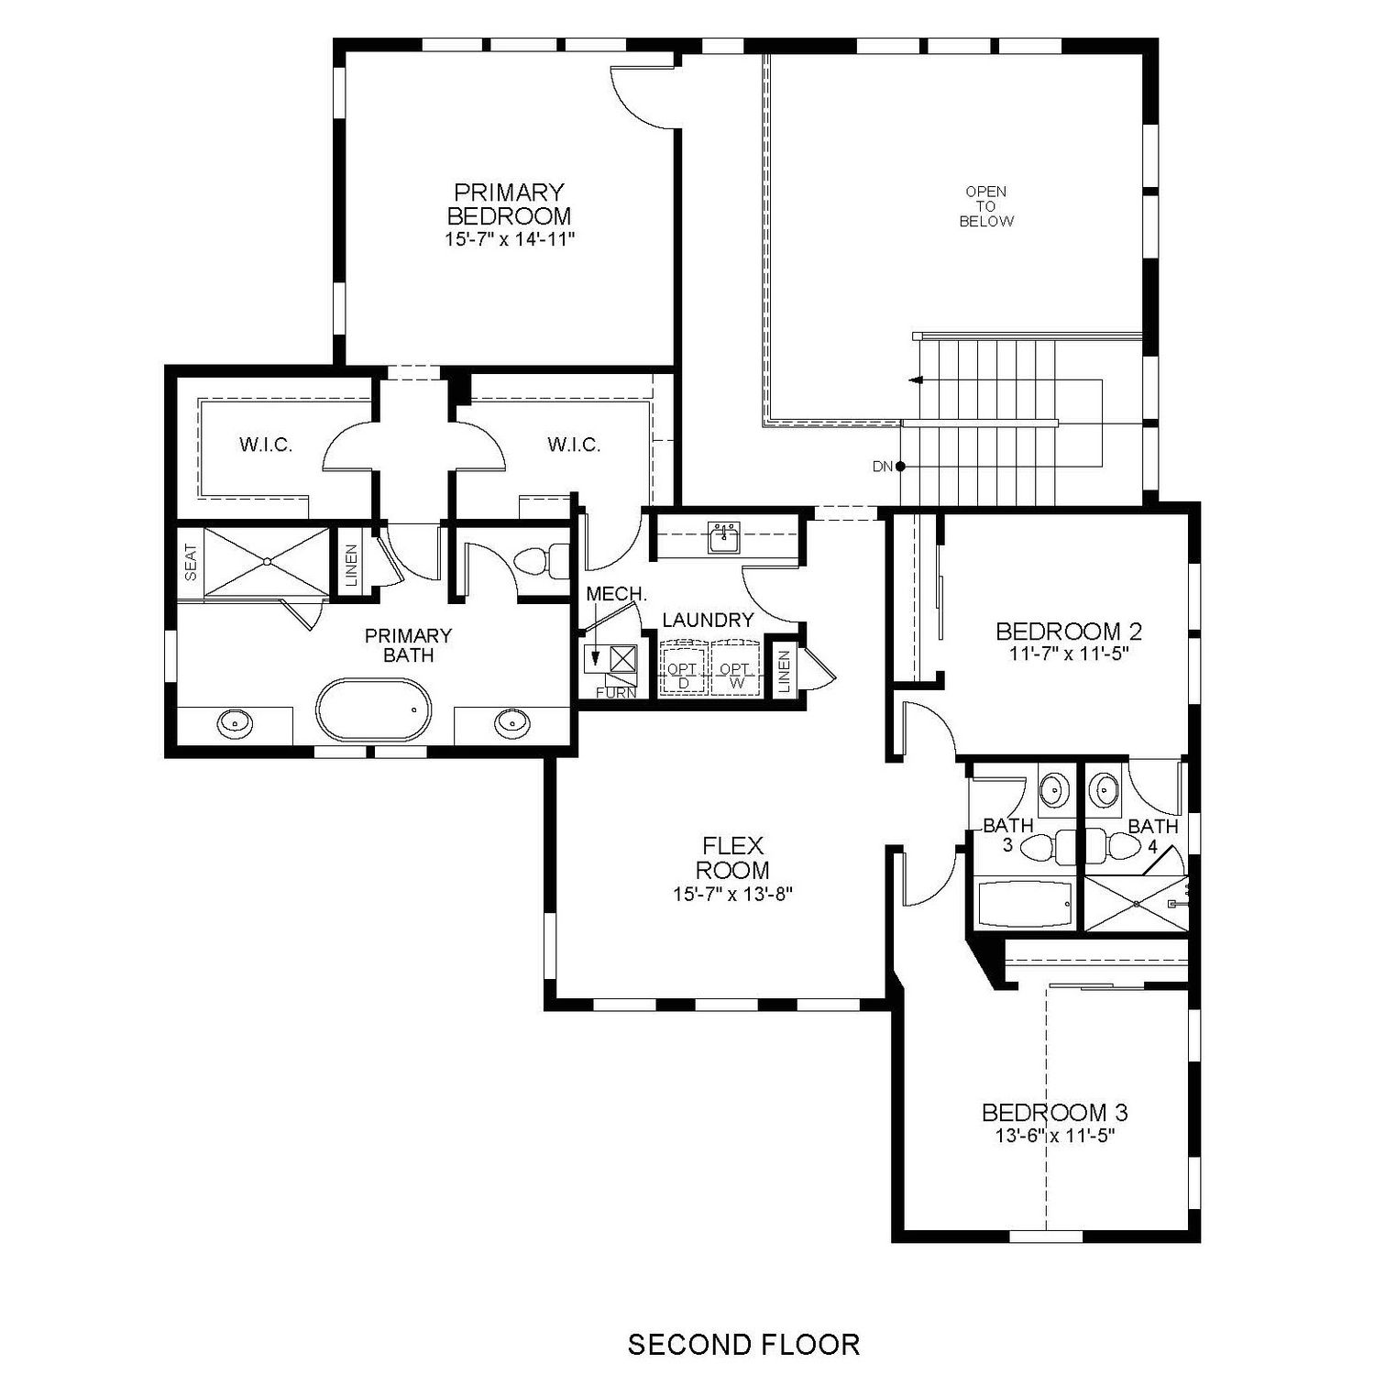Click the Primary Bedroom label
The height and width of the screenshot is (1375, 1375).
click(509, 204)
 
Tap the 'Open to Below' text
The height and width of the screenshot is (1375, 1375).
click(986, 206)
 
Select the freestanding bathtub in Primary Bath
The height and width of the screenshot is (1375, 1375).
click(374, 709)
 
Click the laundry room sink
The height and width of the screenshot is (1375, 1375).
click(724, 537)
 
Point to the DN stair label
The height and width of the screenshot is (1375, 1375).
click(883, 467)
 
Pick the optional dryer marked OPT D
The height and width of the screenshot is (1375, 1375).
click(683, 668)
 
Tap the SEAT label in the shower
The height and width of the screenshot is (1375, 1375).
click(191, 563)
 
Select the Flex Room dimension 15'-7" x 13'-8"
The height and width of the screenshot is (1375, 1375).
click(732, 894)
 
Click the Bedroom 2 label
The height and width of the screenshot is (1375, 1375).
click(1069, 631)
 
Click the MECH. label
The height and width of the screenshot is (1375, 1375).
click(617, 594)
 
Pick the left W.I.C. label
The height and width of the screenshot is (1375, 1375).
click(266, 445)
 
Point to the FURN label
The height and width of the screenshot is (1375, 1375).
click(616, 692)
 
